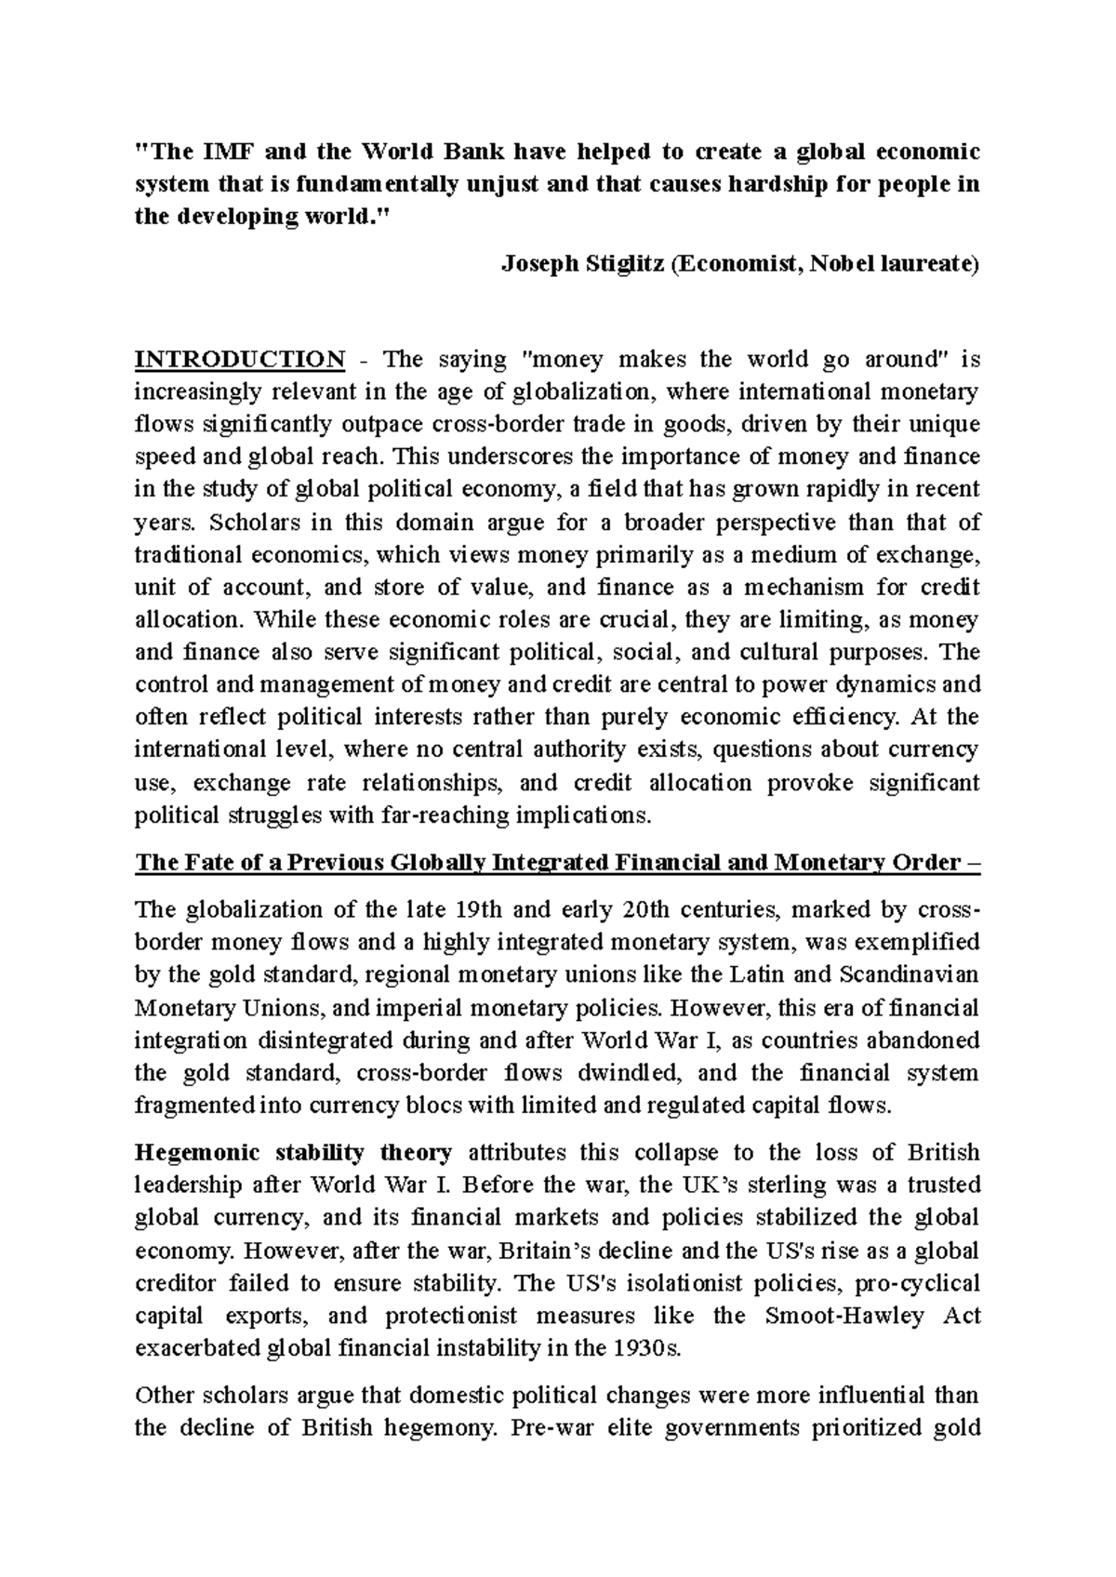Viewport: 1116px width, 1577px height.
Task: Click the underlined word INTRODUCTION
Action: point(240,360)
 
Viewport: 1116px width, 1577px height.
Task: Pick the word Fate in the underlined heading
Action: point(198,863)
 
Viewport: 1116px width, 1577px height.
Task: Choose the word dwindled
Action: point(629,1073)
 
